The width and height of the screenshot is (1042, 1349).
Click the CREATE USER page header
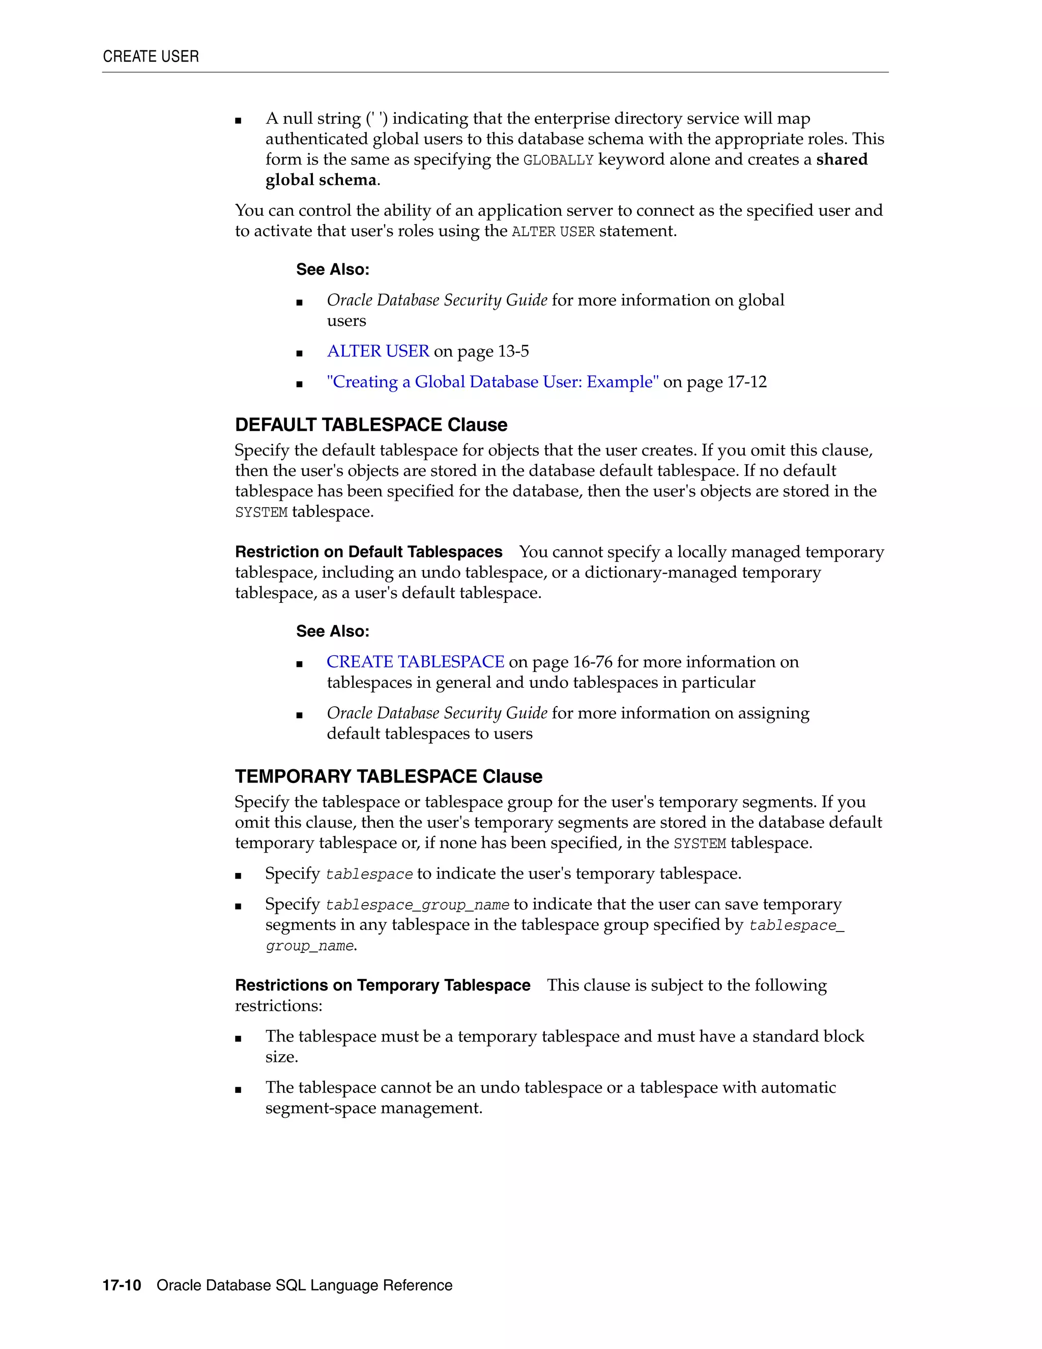click(x=151, y=57)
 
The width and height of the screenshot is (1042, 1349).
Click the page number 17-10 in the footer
click(x=122, y=1285)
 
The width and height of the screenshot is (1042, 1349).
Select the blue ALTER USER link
click(x=378, y=351)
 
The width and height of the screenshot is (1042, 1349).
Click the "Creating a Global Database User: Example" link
click(x=493, y=382)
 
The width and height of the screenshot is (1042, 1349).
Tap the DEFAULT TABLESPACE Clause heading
click(x=371, y=425)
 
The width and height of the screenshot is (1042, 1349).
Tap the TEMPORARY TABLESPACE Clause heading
click(x=388, y=776)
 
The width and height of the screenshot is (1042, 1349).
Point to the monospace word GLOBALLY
click(x=558, y=160)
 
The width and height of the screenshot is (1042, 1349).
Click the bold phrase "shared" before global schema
click(x=842, y=159)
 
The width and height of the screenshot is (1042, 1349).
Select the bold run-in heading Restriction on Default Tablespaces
click(x=368, y=552)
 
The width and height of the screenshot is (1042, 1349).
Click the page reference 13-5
click(x=513, y=351)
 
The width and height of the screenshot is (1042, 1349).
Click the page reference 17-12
click(x=747, y=382)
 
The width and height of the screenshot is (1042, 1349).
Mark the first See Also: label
click(x=332, y=269)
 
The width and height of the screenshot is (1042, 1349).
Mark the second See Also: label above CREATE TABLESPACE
click(x=332, y=631)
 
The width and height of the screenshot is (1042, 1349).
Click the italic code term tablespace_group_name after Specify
click(x=417, y=906)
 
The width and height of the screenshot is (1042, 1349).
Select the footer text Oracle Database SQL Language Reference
click(x=304, y=1285)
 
